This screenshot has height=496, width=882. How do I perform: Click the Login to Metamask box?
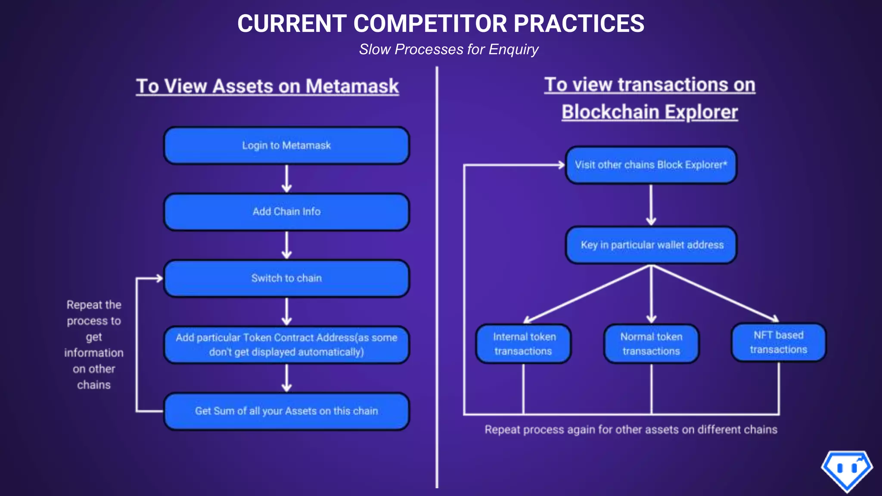[x=286, y=146]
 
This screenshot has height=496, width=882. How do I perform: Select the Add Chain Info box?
[x=286, y=212]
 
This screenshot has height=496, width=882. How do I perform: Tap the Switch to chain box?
[x=286, y=278]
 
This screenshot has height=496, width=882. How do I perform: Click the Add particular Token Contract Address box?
[x=286, y=345]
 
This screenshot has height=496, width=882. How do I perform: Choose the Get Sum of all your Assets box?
[x=286, y=411]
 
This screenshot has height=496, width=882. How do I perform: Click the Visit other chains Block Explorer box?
[x=651, y=165]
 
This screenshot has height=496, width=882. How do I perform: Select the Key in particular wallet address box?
[x=651, y=245]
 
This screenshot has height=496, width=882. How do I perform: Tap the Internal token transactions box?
[x=523, y=344]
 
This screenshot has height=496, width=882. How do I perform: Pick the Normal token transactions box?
[x=651, y=344]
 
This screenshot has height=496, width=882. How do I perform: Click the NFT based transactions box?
[x=779, y=342]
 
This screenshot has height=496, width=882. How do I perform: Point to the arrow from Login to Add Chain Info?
[x=287, y=179]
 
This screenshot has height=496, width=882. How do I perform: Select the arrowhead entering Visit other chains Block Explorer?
[x=560, y=165]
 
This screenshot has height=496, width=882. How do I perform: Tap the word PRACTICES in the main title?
[x=579, y=24]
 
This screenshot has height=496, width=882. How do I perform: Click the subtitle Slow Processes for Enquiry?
[x=449, y=50]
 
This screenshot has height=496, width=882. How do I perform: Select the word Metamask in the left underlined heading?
[x=352, y=86]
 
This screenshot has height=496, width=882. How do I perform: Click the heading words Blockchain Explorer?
[x=649, y=112]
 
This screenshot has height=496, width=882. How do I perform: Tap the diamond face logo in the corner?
[x=847, y=470]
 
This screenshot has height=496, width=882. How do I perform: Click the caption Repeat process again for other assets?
[x=631, y=430]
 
